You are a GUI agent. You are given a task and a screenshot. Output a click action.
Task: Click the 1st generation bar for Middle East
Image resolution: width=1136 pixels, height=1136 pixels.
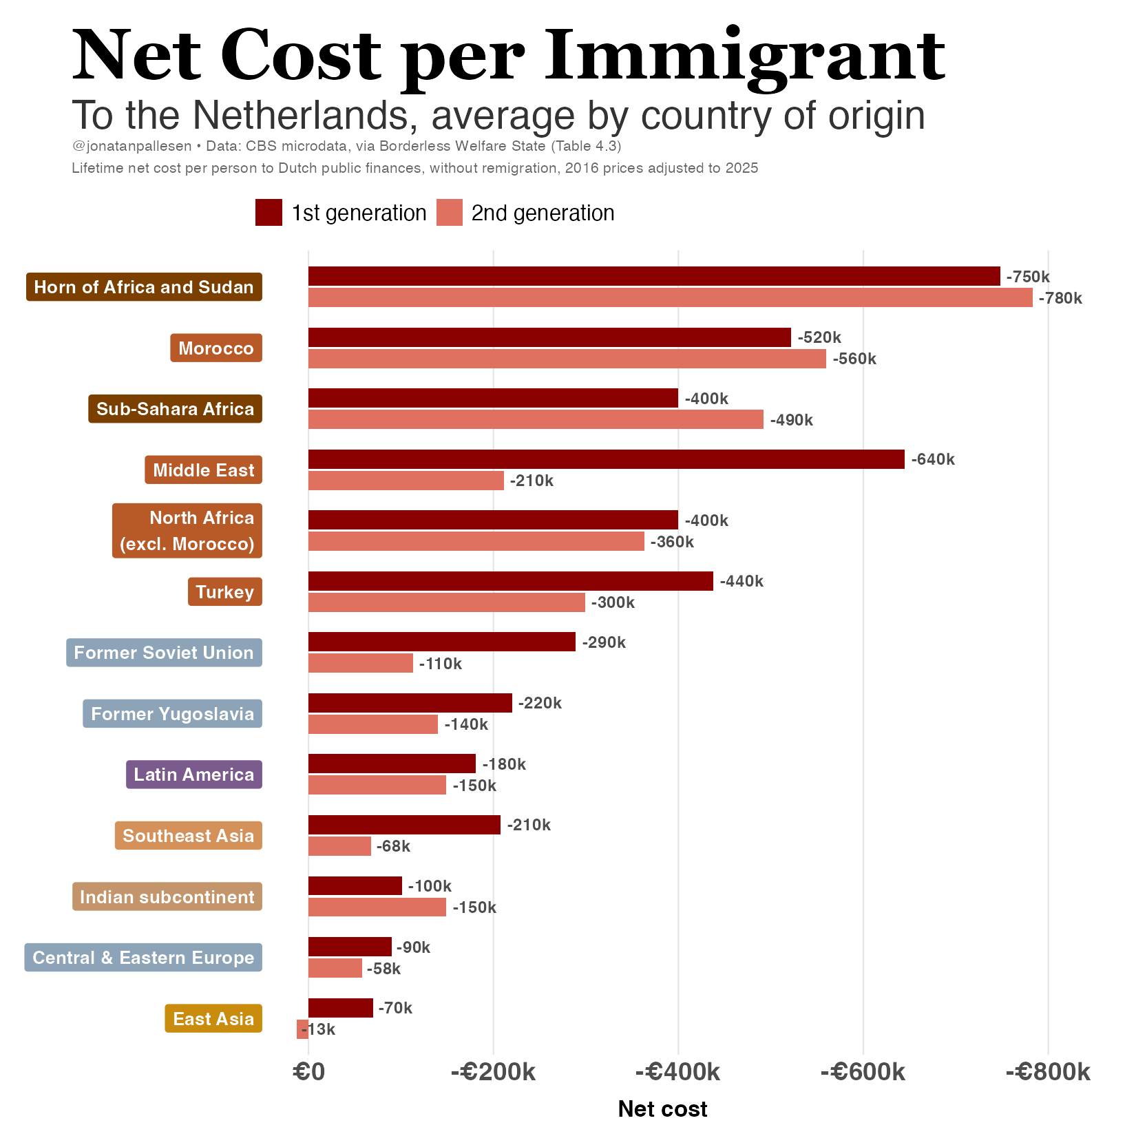click(x=607, y=459)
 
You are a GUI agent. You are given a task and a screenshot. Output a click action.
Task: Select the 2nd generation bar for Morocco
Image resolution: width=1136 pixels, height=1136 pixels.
click(x=567, y=359)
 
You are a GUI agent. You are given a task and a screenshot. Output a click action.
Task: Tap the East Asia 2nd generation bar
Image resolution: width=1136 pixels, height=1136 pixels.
click(x=302, y=1029)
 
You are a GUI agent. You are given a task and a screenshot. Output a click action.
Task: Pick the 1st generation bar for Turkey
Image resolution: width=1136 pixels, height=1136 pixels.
click(x=511, y=581)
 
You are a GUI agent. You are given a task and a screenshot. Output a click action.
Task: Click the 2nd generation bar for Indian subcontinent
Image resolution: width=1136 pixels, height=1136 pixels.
click(x=377, y=907)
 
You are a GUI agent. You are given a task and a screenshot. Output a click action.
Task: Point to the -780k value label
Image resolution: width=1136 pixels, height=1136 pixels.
click(x=1060, y=298)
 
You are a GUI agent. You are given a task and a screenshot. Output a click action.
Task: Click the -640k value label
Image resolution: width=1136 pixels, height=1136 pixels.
click(x=933, y=459)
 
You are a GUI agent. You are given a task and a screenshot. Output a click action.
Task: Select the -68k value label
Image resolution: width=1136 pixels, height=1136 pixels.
click(x=393, y=846)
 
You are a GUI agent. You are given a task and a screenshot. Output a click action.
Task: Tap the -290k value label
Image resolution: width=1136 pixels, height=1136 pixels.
click(x=604, y=642)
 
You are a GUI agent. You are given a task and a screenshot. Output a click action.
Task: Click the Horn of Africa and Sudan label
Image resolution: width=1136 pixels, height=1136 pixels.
click(x=144, y=287)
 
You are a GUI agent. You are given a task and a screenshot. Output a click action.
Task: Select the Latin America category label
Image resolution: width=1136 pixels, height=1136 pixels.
click(x=194, y=775)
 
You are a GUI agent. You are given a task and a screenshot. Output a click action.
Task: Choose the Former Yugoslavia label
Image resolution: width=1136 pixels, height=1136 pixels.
click(x=173, y=714)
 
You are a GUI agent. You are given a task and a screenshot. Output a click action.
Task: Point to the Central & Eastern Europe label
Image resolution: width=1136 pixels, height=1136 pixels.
click(x=143, y=958)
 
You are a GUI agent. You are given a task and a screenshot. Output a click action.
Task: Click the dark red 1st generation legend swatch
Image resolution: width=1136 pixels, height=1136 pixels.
click(x=269, y=213)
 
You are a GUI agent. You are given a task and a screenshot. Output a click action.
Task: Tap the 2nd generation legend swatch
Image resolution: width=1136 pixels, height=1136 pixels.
click(x=450, y=213)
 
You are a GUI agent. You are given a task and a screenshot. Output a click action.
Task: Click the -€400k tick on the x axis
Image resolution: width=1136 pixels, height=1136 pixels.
click(x=678, y=1072)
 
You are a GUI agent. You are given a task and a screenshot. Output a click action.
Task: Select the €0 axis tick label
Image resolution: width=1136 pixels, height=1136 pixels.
click(x=308, y=1072)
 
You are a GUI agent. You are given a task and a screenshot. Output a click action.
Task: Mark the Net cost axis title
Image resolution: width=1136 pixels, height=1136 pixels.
click(x=662, y=1109)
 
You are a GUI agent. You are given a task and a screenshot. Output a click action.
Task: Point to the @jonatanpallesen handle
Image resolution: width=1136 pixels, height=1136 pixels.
click(x=132, y=147)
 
